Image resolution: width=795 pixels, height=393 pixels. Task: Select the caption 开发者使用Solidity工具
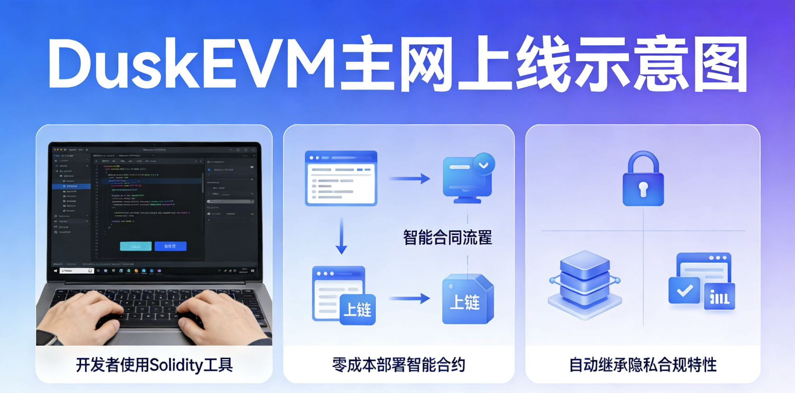pos(154,365)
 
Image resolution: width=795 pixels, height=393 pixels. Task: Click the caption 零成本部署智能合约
pos(399,365)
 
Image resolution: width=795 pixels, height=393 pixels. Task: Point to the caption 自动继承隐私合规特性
pos(643,365)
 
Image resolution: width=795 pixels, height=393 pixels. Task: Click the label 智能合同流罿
pos(447,237)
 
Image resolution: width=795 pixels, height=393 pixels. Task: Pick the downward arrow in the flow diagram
pos(341,236)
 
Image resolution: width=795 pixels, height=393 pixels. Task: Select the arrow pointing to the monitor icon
pos(409,178)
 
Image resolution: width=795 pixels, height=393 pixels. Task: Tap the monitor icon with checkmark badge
pos(468,178)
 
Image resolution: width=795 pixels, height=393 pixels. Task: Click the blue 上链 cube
pos(467,300)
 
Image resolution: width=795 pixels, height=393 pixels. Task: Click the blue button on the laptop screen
pos(170,246)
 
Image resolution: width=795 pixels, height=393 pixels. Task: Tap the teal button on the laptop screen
pos(136,246)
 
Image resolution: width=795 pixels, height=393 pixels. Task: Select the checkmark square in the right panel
pos(684,290)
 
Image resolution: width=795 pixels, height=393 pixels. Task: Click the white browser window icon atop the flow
pos(341,178)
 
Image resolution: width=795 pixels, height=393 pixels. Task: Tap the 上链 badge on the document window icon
pos(357,309)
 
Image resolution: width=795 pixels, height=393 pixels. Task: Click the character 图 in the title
pos(720,64)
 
